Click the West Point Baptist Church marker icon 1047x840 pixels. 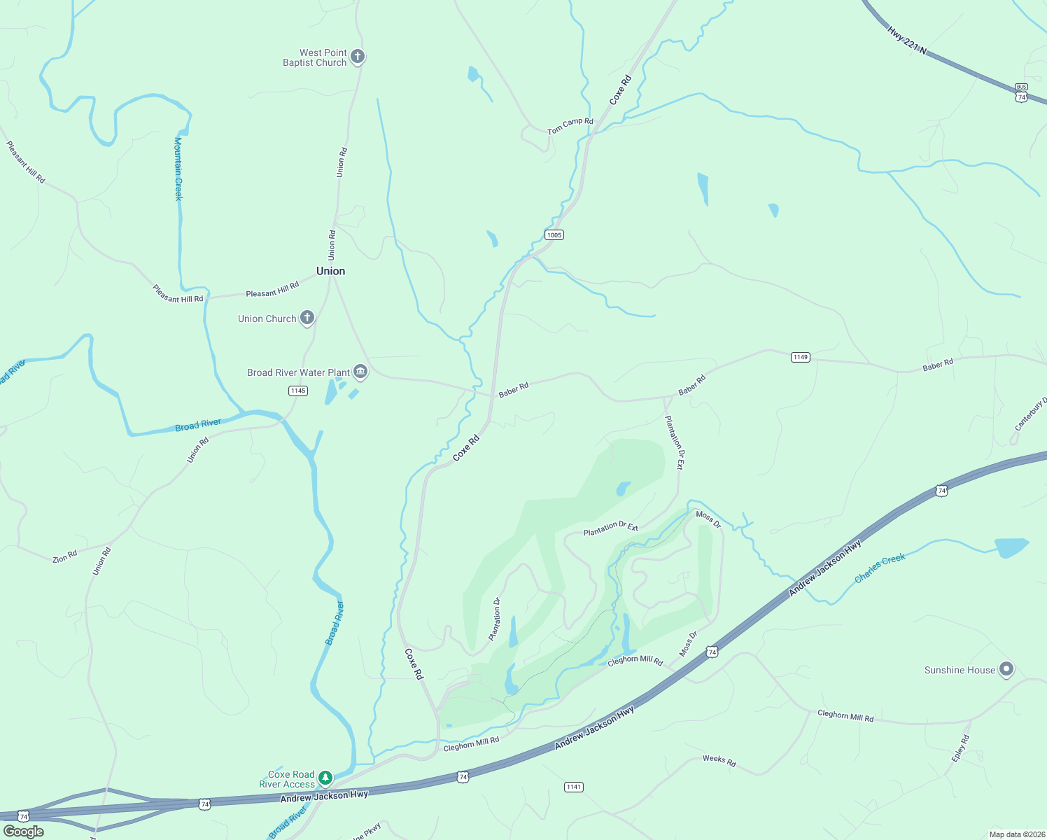coord(358,57)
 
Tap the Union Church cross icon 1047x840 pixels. coord(307,318)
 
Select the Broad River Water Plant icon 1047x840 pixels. coord(360,372)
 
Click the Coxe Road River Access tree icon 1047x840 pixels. coord(325,778)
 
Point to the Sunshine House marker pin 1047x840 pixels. coord(1006,669)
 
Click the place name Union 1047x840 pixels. coord(330,271)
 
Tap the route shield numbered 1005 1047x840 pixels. coord(554,234)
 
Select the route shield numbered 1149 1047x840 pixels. coord(801,357)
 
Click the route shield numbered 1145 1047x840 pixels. coord(298,391)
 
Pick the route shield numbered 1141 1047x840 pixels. coord(574,787)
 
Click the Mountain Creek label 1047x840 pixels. coord(178,169)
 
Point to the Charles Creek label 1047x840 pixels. coord(880,568)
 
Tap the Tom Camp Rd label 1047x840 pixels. coord(570,126)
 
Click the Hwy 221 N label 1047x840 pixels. coord(906,41)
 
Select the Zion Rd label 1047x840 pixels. coord(64,558)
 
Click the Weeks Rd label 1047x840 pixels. coord(719,761)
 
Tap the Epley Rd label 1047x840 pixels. coord(960,748)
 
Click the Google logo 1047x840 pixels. coord(24,832)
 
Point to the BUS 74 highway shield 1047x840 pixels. coord(1021,92)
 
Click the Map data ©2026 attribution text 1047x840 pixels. coord(1016,834)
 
